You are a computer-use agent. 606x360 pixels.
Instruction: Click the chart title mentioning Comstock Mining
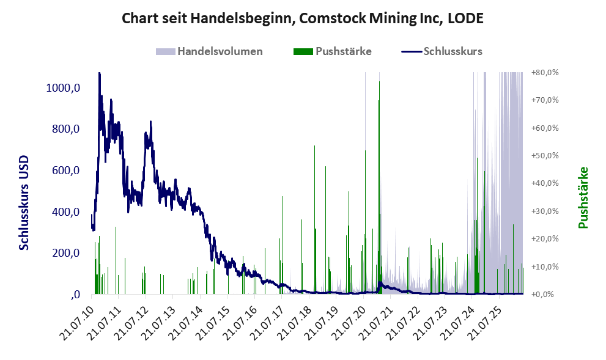[303, 18]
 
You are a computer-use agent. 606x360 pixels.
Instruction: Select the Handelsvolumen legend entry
[209, 51]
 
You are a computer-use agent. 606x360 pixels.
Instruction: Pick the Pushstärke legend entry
[333, 51]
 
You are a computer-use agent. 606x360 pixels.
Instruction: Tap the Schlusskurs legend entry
[442, 51]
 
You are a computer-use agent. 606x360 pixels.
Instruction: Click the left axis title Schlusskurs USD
[24, 202]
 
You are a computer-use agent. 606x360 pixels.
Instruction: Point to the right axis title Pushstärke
[583, 197]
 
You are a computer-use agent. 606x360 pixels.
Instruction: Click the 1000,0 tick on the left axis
[63, 88]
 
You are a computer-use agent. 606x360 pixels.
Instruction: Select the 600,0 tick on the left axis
[65, 171]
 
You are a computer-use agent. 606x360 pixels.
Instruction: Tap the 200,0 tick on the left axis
[65, 253]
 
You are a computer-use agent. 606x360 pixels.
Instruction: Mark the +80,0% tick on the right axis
[545, 73]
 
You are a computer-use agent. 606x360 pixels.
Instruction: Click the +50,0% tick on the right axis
[545, 156]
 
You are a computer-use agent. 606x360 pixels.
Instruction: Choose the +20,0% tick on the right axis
[545, 239]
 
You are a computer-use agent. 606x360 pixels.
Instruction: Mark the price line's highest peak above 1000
[99, 73]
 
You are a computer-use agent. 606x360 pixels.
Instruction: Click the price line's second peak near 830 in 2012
[150, 122]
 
